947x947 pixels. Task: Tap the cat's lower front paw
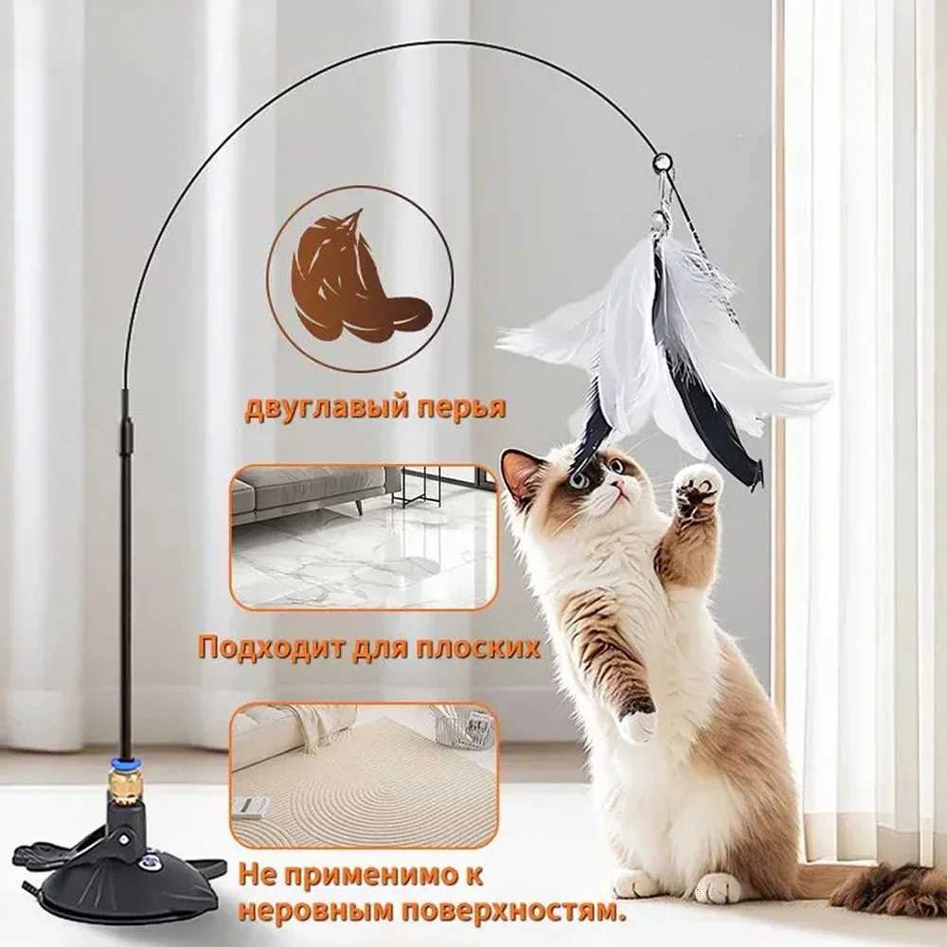(637, 725)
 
